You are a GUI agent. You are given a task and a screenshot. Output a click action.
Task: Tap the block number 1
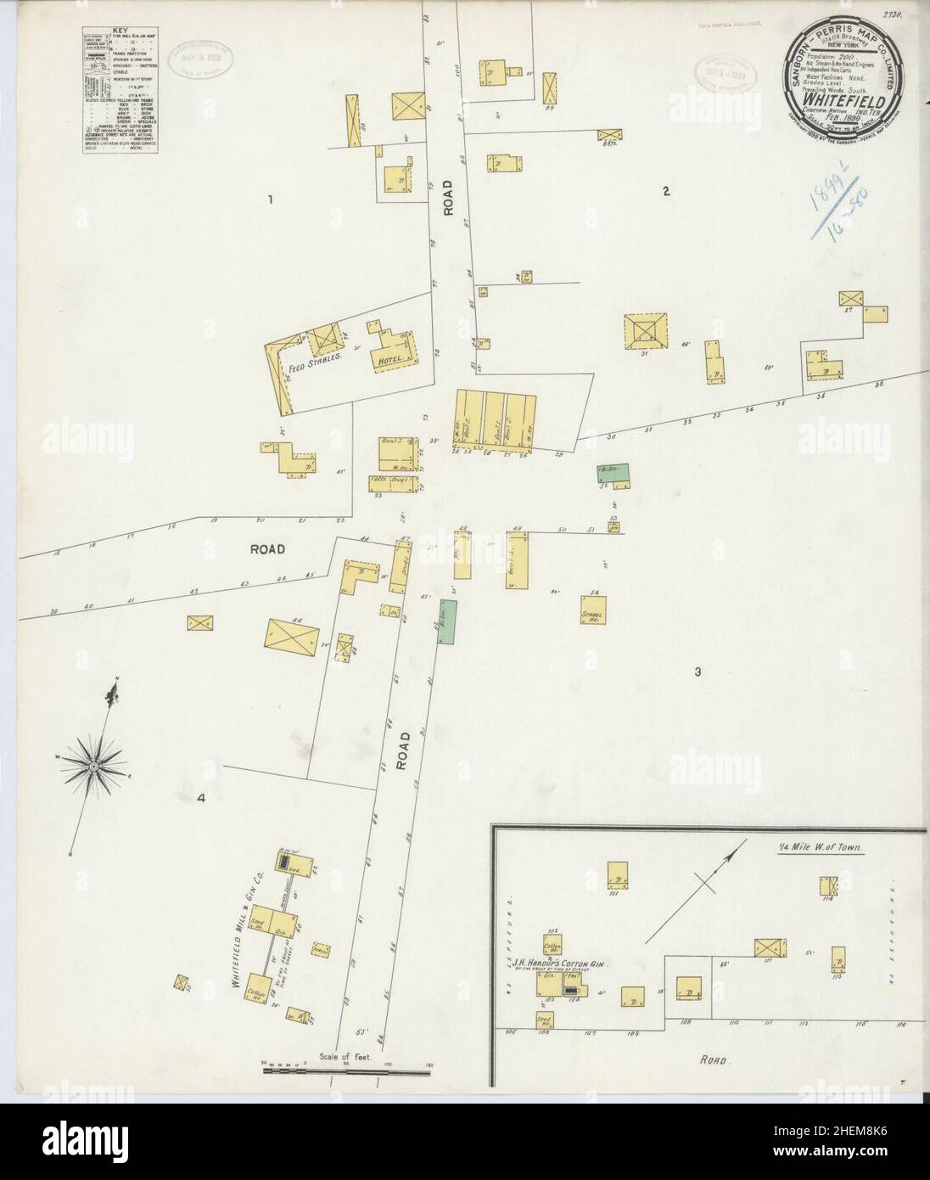pyautogui.click(x=269, y=200)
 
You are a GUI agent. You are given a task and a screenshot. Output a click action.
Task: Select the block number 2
pyautogui.click(x=667, y=191)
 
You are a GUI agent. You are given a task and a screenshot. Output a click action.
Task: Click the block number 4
pyautogui.click(x=202, y=797)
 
